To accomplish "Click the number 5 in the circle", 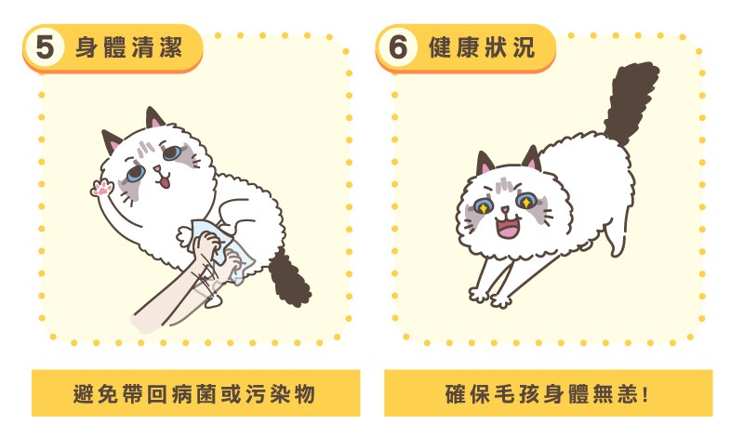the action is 45,47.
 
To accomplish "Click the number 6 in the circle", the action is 398,47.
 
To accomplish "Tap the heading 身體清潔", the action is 128,47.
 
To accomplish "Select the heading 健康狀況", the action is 482,47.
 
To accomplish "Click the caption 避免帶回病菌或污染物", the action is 194,394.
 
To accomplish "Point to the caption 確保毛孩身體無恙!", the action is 547,394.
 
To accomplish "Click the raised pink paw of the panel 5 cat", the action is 102,188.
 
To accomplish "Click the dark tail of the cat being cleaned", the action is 289,279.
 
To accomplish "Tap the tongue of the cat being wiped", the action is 165,180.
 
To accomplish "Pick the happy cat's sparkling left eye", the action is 484,207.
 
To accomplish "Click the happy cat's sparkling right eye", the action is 525,201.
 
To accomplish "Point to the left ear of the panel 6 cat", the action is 485,164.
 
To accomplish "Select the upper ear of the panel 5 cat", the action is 154,118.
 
